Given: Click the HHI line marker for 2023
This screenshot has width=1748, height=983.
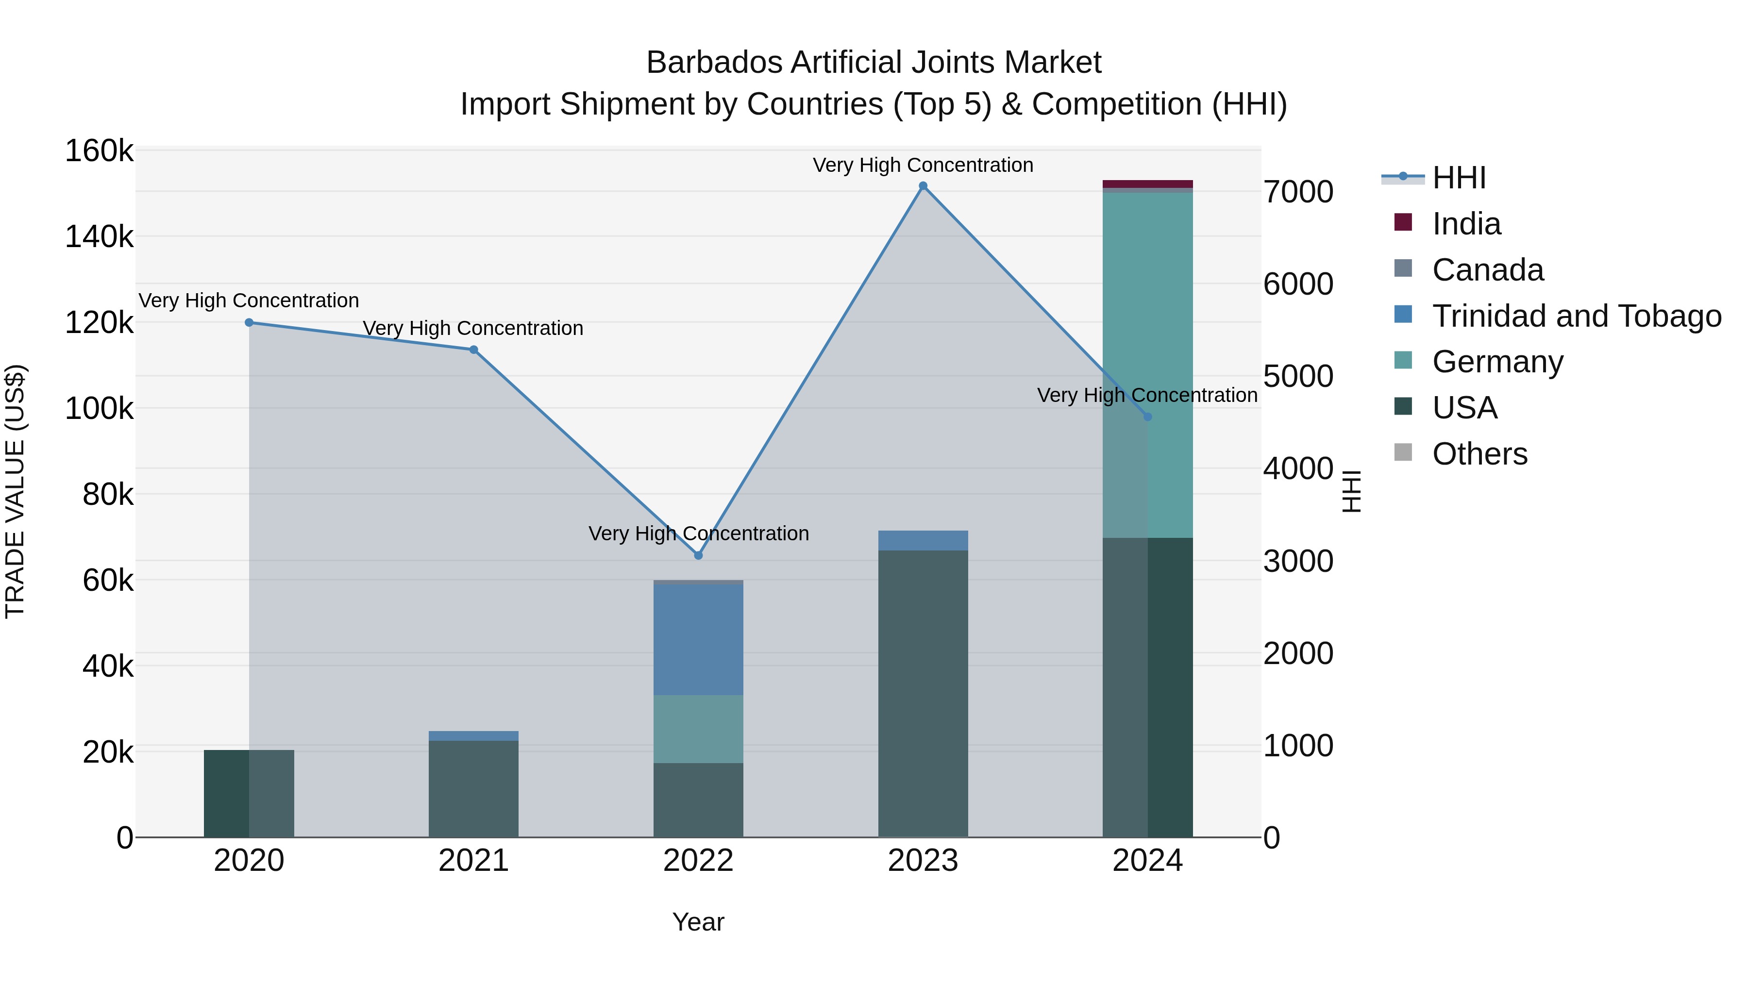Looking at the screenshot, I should pos(923,186).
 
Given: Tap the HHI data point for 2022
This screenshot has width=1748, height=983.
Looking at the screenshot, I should pos(698,555).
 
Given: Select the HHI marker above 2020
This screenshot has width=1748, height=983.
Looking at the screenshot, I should pos(249,323).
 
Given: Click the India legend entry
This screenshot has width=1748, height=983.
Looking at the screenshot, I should pos(1466,224).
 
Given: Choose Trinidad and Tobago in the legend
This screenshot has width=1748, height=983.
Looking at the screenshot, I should pos(1576,316).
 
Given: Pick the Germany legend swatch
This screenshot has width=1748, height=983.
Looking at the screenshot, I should pos(1403,361).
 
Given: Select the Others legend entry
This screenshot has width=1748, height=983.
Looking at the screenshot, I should pos(1479,454).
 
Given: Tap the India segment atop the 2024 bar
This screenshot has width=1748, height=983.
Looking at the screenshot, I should pos(1147,184).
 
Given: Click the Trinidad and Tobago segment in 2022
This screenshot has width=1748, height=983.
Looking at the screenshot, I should pos(698,639).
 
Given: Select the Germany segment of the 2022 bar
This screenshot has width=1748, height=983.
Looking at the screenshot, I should pos(698,729).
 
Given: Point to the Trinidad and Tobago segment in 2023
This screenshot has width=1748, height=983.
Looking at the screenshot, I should pos(923,541).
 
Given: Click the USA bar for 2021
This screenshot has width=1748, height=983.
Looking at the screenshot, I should pos(473,788).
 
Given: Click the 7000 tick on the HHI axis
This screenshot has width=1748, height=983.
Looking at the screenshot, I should pos(1298,192).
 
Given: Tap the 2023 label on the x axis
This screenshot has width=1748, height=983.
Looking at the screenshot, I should pos(923,861).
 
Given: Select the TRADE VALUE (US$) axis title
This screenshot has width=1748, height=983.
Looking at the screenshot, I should pos(15,491).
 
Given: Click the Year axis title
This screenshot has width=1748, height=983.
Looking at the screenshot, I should pos(698,922).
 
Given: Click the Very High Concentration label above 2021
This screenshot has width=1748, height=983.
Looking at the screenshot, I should pos(473,328).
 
